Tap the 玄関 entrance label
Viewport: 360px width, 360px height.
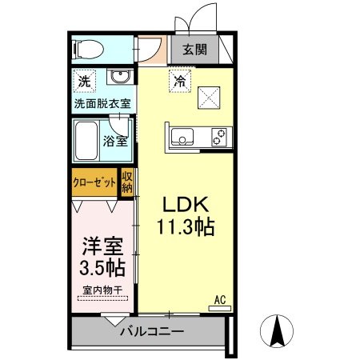click(x=194, y=50)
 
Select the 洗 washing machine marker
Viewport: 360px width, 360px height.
click(x=83, y=81)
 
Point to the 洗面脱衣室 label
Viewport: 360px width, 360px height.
click(x=104, y=104)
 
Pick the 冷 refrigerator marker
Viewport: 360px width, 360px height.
click(x=181, y=80)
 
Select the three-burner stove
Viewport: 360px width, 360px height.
click(x=219, y=138)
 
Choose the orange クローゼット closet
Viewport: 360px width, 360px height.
click(x=94, y=182)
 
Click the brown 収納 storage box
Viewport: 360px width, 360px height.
click(x=127, y=184)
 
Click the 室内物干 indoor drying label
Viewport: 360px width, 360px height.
click(x=101, y=291)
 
